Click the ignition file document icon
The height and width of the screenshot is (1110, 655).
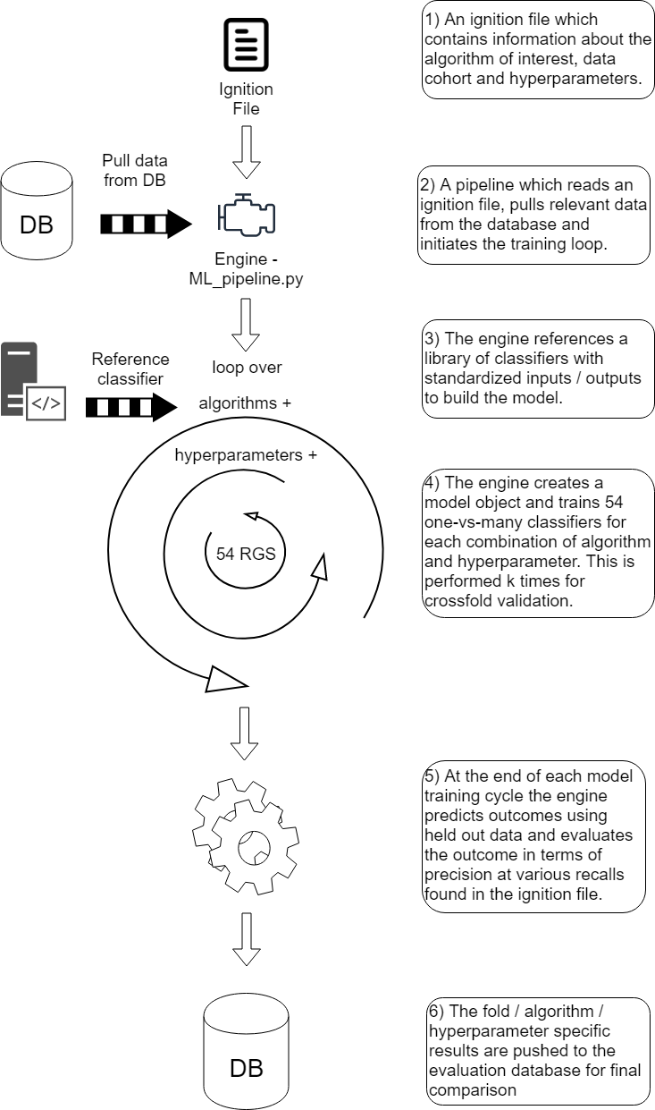[246, 45]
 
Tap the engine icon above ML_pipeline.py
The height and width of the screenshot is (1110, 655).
[247, 215]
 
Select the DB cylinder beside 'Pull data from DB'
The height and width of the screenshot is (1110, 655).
[37, 210]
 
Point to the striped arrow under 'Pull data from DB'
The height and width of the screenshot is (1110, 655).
[146, 224]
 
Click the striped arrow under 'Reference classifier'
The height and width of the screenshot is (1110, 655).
[131, 407]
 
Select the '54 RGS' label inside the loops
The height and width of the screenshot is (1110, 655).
[246, 554]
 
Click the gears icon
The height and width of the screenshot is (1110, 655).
[246, 836]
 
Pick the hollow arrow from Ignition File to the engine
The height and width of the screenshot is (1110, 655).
[246, 152]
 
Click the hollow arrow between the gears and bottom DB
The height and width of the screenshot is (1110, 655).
[247, 939]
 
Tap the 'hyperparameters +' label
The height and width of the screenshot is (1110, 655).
[246, 455]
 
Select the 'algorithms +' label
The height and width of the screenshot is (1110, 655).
[245, 403]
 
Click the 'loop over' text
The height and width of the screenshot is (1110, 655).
[247, 368]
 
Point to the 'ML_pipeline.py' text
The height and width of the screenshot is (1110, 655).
[246, 279]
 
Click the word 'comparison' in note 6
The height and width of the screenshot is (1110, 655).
[473, 1090]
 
